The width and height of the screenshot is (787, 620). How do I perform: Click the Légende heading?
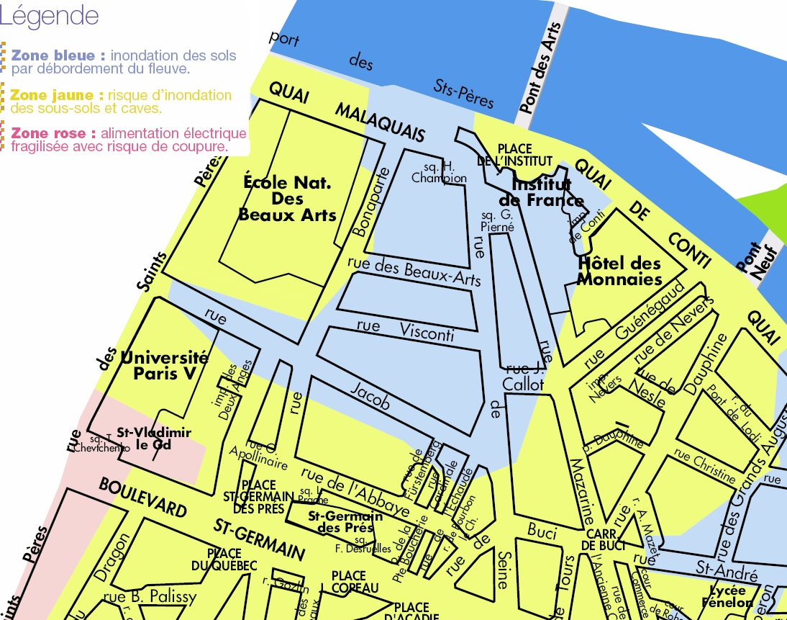coord(50,15)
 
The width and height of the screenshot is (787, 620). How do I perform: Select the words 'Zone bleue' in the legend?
coord(58,55)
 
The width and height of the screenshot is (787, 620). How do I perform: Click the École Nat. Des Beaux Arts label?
coord(287,199)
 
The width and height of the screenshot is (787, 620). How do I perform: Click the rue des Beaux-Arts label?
coord(414,271)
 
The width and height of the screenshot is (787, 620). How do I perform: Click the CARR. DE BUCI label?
coord(600,540)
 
